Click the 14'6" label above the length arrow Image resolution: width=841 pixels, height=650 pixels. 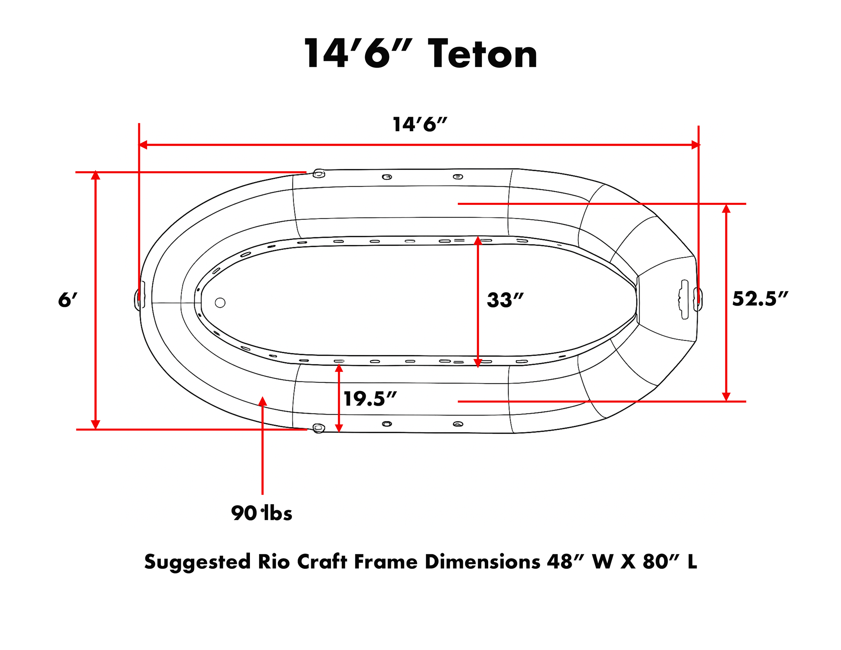pyautogui.click(x=420, y=124)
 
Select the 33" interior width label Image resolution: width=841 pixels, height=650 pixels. pyautogui.click(x=505, y=300)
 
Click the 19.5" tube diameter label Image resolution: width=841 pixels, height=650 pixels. pyautogui.click(x=370, y=399)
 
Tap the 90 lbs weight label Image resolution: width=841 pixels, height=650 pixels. pyautogui.click(x=261, y=513)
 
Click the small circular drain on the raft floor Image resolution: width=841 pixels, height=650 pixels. pyautogui.click(x=220, y=303)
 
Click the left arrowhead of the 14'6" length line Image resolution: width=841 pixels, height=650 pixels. pyautogui.click(x=143, y=145)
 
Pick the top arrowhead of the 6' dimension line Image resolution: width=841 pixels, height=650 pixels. pyautogui.click(x=96, y=176)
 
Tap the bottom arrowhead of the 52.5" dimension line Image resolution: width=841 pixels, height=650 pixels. pyautogui.click(x=726, y=397)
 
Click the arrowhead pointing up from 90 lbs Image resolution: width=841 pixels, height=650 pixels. pyautogui.click(x=263, y=401)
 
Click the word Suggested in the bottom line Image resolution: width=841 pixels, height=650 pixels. pyautogui.click(x=197, y=562)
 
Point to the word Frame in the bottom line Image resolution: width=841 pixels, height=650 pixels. pyautogui.click(x=386, y=562)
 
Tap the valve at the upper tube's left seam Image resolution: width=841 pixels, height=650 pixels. pyautogui.click(x=319, y=174)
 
